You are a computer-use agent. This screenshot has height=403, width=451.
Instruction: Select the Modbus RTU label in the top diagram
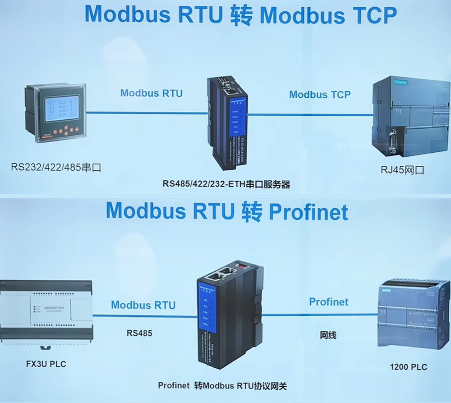pyautogui.click(x=152, y=94)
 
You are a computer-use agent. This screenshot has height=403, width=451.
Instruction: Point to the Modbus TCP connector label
pyautogui.click(x=320, y=94)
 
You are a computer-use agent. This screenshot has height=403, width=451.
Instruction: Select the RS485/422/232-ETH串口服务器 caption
pyautogui.click(x=226, y=184)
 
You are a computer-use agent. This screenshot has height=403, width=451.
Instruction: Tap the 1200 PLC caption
pyautogui.click(x=408, y=367)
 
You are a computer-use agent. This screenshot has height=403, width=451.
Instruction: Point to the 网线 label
pyautogui.click(x=328, y=335)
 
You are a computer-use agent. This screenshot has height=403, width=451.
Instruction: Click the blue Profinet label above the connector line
pyautogui.click(x=329, y=302)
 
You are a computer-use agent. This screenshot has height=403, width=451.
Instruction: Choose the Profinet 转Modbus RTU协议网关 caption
pyautogui.click(x=222, y=386)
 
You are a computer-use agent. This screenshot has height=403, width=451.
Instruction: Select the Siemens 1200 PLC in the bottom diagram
pyautogui.click(x=413, y=314)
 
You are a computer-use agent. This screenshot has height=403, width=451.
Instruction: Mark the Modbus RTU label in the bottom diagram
pyautogui.click(x=143, y=305)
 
